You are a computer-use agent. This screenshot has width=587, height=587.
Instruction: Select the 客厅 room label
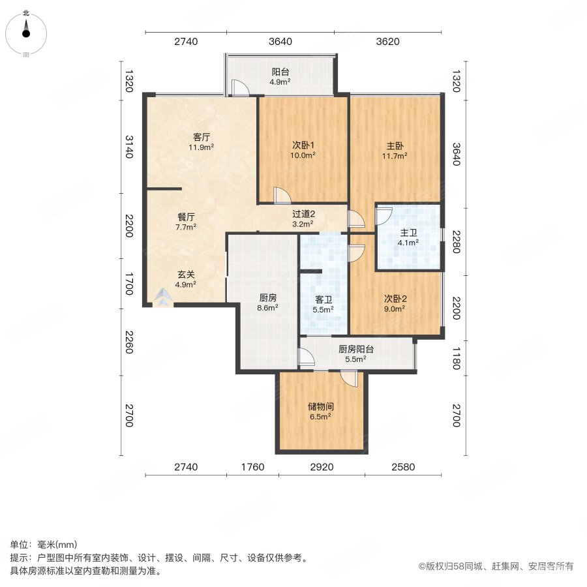pyautogui.click(x=201, y=137)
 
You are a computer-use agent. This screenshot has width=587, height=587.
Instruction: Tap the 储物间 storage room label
pyautogui.click(x=321, y=406)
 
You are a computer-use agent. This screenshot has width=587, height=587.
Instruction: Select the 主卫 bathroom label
pyautogui.click(x=408, y=232)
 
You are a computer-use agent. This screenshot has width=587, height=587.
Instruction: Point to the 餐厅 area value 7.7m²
pyautogui.click(x=186, y=228)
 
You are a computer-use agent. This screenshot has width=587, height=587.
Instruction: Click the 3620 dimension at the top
pyautogui.click(x=387, y=42)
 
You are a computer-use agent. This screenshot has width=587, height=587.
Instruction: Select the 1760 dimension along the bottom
pyautogui.click(x=252, y=467)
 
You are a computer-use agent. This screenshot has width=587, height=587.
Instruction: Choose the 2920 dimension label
pyautogui.click(x=321, y=467)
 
